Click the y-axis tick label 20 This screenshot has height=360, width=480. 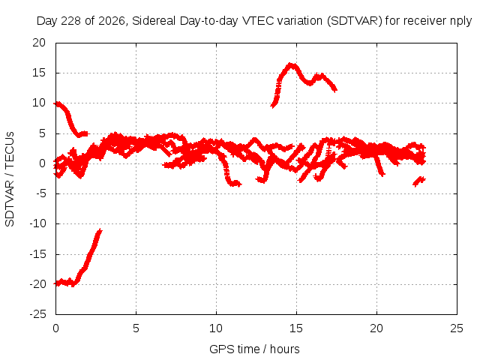(39, 43)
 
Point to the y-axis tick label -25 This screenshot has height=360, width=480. (37, 314)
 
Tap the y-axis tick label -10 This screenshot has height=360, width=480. (37, 223)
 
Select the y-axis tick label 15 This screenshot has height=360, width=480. (39, 73)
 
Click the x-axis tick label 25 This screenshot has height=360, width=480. (457, 328)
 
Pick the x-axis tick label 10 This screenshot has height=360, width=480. (216, 328)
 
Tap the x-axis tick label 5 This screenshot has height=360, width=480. (136, 328)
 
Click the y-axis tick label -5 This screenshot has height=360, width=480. (40, 193)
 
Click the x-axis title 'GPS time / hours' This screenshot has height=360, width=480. (254, 349)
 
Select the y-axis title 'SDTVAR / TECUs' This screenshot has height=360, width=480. (10, 179)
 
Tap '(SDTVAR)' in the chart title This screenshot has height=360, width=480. (355, 21)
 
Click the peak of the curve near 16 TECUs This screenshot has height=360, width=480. (292, 64)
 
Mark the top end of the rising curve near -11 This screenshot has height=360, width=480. (100, 230)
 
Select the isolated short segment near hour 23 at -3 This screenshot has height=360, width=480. (419, 181)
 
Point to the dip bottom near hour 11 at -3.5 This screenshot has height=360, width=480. (235, 184)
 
